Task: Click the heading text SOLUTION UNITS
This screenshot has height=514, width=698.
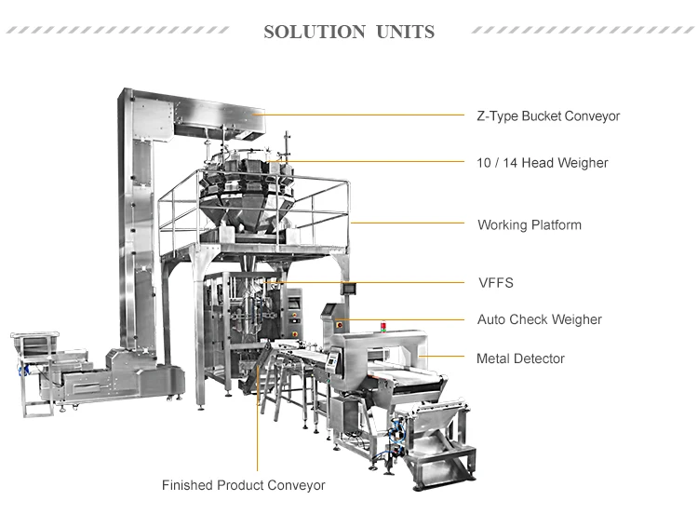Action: click(349, 32)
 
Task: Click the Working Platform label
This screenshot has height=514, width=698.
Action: click(529, 225)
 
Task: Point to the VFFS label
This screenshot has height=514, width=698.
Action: click(495, 282)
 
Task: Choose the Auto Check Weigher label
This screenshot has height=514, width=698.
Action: click(539, 319)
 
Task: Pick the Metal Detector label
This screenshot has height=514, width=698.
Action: click(520, 358)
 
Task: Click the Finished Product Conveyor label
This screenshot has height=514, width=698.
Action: click(244, 485)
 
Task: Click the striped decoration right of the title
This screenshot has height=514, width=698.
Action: click(581, 31)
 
